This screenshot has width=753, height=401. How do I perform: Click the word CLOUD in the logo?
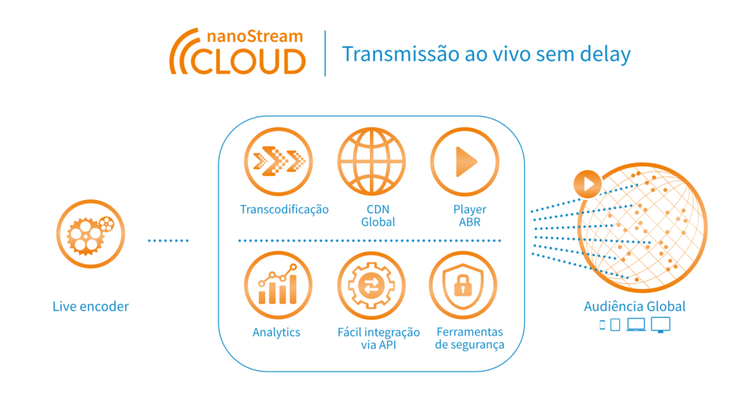(249, 62)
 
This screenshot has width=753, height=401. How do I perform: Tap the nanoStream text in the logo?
(254, 37)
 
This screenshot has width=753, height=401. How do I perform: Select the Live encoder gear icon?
(90, 234)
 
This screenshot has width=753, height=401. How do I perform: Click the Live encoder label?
(90, 306)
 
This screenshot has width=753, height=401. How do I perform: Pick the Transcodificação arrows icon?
(279, 161)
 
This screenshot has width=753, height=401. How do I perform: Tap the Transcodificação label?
(285, 210)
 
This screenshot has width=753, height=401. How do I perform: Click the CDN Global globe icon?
(371, 161)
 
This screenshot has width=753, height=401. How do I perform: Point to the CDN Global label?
(379, 216)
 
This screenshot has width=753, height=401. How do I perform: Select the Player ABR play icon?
(465, 161)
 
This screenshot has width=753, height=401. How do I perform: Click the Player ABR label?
(470, 216)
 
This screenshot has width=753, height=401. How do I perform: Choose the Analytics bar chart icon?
(279, 285)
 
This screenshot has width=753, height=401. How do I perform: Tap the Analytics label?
(276, 333)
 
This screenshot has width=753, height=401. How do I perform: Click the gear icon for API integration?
(371, 285)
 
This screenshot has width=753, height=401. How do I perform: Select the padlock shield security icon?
(463, 285)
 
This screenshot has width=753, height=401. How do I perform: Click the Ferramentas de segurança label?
(470, 338)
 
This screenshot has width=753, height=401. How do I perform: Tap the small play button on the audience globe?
(588, 184)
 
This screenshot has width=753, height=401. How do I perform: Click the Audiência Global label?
(635, 306)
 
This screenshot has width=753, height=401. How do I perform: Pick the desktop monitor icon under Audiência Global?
(661, 325)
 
